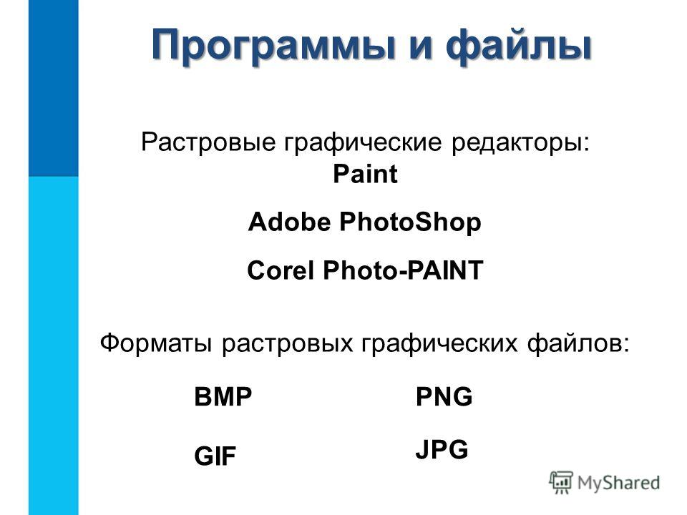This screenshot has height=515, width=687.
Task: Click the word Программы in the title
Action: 273,44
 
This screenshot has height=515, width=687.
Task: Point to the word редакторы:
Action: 521,142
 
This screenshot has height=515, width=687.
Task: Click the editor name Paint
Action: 365,174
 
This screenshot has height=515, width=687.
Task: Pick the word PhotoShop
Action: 411,222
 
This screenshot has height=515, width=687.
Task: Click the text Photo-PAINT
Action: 403,270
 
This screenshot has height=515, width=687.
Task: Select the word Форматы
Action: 155,343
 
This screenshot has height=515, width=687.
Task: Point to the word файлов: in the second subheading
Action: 578,343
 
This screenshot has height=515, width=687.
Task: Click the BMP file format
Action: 223,397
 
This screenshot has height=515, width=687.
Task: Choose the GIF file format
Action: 215,456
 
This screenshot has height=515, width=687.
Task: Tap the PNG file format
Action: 444,397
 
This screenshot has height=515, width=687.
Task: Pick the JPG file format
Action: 442,449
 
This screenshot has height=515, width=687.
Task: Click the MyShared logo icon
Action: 561,483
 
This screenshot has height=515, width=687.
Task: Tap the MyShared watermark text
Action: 618,483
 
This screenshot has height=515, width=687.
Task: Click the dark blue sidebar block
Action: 54,88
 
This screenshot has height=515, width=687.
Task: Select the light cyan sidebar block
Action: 54,346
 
